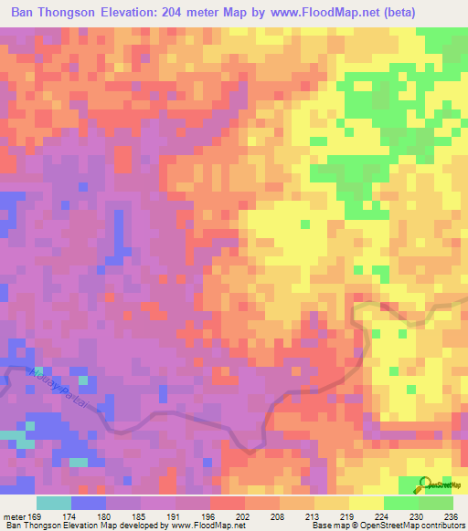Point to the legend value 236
(449, 516)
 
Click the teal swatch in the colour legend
(54, 503)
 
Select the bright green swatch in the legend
(400, 503)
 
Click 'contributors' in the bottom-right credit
(442, 526)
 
